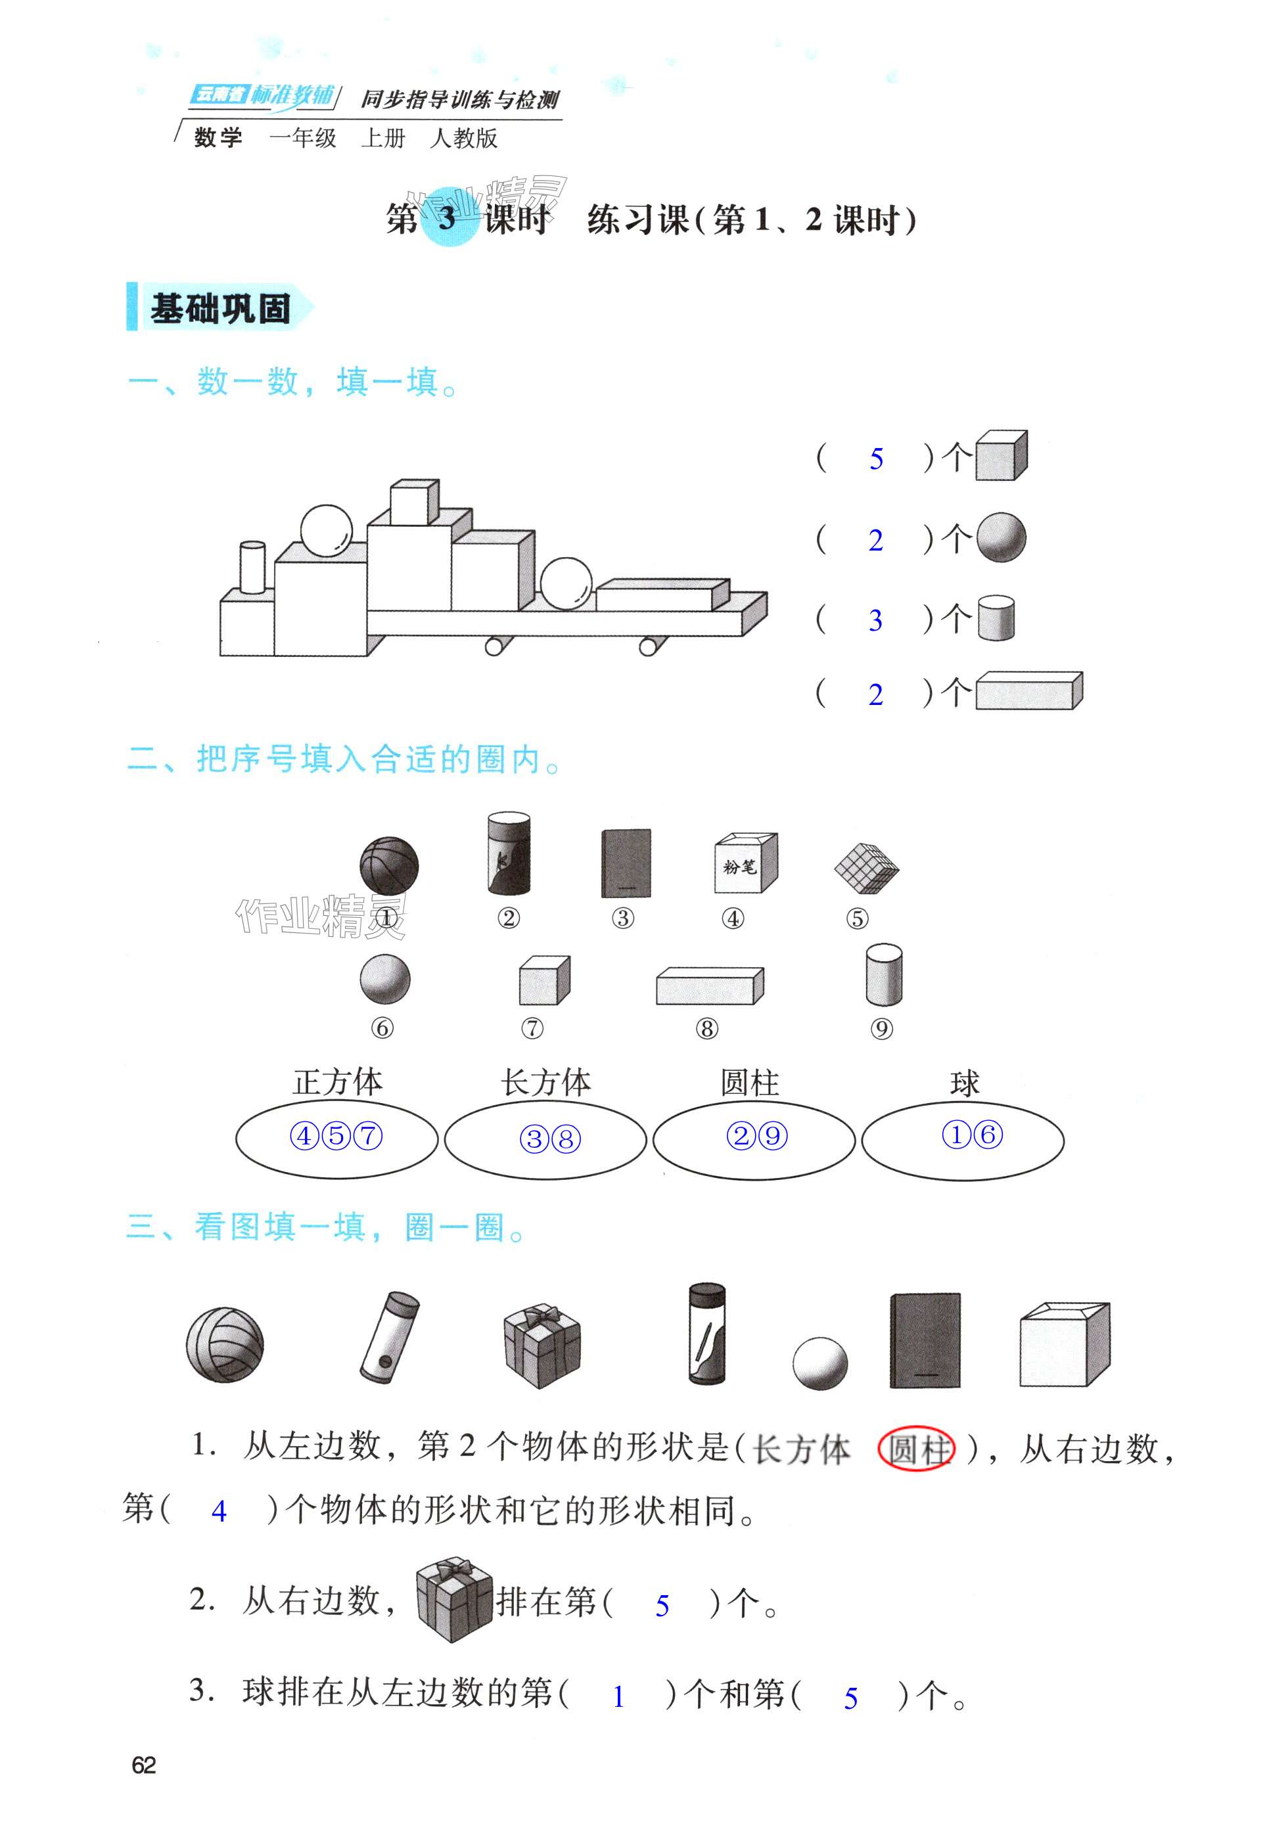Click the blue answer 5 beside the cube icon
tap(876, 459)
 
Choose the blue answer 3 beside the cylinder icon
tap(875, 620)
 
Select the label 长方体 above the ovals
tap(545, 1082)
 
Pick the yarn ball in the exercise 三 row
tap(224, 1345)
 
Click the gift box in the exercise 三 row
tap(542, 1344)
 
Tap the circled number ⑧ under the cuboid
tap(706, 1029)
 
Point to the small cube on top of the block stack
tap(413, 501)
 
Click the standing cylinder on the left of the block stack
tap(252, 567)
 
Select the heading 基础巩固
tap(220, 308)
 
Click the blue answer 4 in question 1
tap(219, 1511)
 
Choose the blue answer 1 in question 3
tap(618, 1697)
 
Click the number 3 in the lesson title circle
tap(447, 218)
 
